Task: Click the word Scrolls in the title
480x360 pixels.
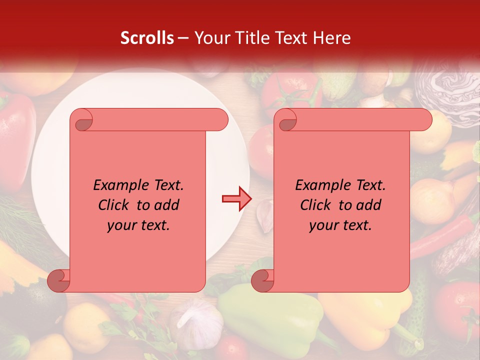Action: click(147, 38)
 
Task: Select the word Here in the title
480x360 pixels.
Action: click(332, 38)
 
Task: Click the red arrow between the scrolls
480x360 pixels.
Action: click(236, 198)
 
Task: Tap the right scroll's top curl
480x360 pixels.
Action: click(286, 120)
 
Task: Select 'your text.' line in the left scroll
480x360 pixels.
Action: click(138, 225)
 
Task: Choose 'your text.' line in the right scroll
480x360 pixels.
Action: click(340, 225)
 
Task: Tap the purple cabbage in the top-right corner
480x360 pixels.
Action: click(450, 90)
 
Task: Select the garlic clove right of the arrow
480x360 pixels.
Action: click(264, 215)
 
